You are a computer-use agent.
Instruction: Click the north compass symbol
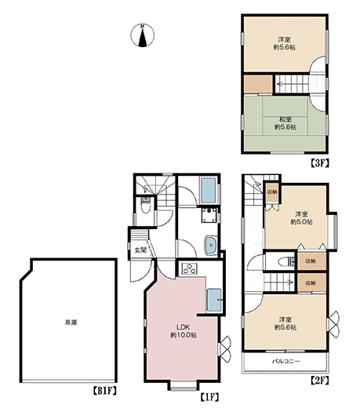point(142,35)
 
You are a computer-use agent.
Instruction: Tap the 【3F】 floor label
point(319,162)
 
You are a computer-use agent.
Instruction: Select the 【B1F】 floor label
point(104,391)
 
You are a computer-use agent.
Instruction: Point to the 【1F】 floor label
point(209,397)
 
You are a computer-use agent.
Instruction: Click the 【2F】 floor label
point(319,381)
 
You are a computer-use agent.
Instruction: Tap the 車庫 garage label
point(71,322)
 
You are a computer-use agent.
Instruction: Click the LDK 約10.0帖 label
point(184,331)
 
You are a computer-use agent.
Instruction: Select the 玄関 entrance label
point(140,250)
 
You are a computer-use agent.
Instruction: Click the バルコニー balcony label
point(285,362)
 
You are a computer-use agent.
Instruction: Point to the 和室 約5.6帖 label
point(285,123)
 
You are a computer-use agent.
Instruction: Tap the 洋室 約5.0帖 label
point(301,218)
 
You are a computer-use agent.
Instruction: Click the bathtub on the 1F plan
point(209,190)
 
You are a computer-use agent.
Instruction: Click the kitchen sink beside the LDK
point(214,300)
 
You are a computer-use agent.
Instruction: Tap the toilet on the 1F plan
point(145,206)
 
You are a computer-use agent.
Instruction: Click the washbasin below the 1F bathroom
point(210,245)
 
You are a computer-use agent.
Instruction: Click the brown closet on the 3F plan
point(258,84)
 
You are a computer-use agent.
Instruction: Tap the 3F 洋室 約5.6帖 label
point(285,44)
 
